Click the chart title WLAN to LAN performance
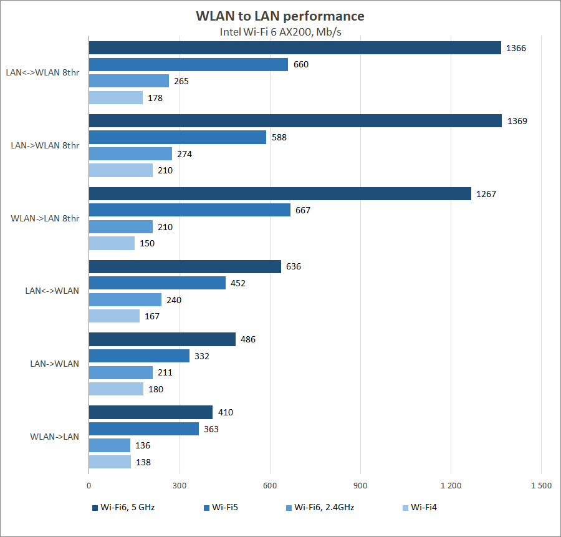click(x=280, y=16)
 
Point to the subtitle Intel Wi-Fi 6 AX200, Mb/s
click(x=280, y=32)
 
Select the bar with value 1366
click(x=295, y=48)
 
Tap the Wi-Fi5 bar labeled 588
click(x=178, y=137)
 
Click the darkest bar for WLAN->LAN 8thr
click(x=280, y=194)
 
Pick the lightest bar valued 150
click(x=112, y=243)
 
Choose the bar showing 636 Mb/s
click(x=185, y=267)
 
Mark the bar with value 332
click(x=139, y=356)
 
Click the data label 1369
click(x=517, y=121)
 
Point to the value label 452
click(x=238, y=283)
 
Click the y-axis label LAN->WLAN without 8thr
click(x=55, y=364)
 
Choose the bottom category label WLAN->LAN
click(x=55, y=437)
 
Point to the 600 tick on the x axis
click(x=270, y=485)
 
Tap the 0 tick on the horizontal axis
click(x=89, y=485)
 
